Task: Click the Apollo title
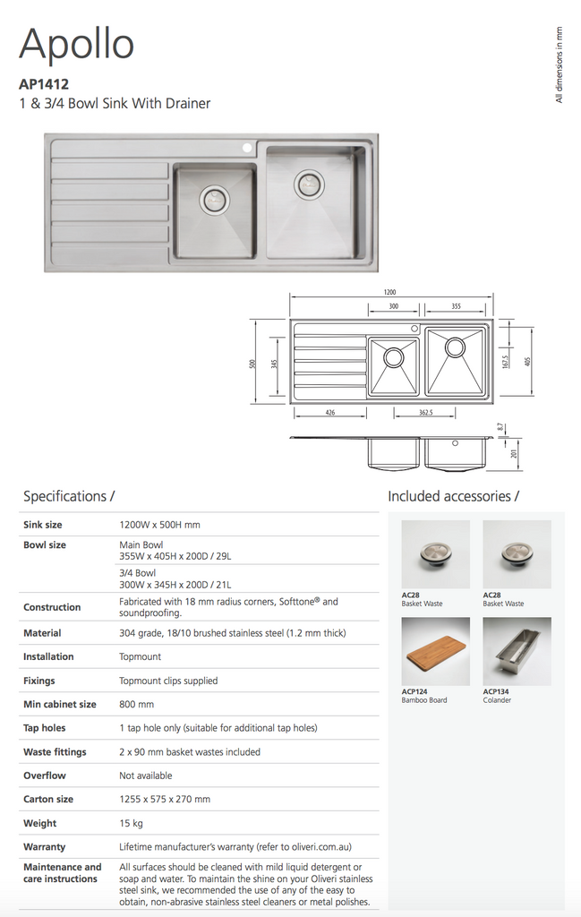[x=76, y=44]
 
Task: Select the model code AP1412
[x=44, y=85]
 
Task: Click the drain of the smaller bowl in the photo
[x=215, y=199]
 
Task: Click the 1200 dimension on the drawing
[x=389, y=293]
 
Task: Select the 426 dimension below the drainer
[x=330, y=413]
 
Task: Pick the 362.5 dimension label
[x=425, y=413]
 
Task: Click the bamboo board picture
[x=435, y=651]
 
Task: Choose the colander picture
[x=517, y=651]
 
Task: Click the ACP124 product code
[x=414, y=691]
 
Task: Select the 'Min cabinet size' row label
[x=60, y=704]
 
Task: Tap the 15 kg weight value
[x=132, y=823]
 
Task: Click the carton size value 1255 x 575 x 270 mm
[x=165, y=799]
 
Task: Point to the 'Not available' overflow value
[x=146, y=776]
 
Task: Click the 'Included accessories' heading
[x=453, y=496]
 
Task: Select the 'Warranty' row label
[x=45, y=846]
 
